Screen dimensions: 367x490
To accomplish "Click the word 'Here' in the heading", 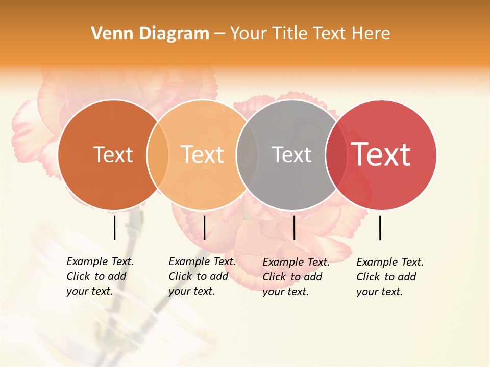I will [x=372, y=34].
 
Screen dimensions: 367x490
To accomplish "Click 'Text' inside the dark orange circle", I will [x=113, y=154].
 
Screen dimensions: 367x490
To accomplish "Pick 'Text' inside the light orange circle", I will [x=203, y=154].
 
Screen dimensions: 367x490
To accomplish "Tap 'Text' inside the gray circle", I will [x=291, y=154].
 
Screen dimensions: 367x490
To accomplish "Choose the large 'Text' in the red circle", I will [x=381, y=154].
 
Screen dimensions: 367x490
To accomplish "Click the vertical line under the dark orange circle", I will [x=114, y=227].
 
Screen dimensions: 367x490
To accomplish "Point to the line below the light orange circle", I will [x=204, y=227].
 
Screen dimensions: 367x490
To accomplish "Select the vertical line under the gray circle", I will [x=294, y=227].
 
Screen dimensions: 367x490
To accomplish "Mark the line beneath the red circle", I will [x=380, y=227].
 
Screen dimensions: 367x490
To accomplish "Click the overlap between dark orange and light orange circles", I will [x=158, y=154].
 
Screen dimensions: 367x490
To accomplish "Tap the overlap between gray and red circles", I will [x=335, y=154].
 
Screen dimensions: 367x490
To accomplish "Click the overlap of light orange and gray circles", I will [x=247, y=154].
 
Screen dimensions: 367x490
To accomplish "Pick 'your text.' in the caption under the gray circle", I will [x=285, y=292].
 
